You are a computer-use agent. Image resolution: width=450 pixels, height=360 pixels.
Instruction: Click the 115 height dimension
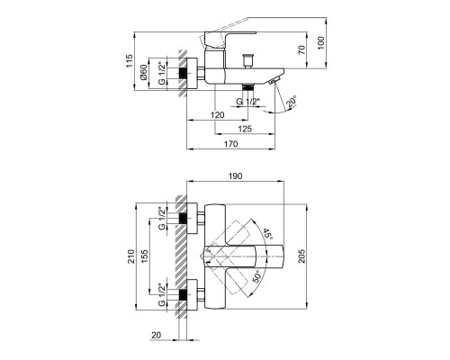130,62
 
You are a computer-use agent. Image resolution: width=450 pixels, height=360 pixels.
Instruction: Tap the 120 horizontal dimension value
217,116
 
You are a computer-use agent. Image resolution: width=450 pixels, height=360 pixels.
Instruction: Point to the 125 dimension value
244,129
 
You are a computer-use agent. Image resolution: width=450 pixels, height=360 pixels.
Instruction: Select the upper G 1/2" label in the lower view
162,218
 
